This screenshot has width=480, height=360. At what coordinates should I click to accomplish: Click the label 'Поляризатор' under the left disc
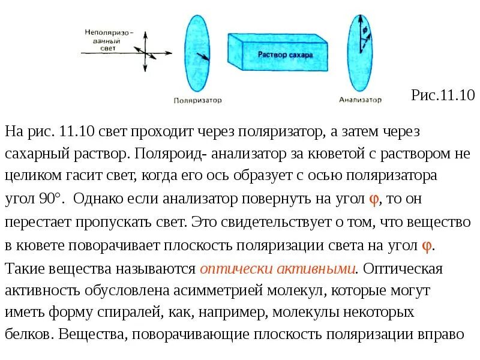197,100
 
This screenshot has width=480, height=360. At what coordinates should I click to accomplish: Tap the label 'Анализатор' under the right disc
360,100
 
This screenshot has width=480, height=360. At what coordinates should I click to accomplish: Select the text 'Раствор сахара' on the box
285,55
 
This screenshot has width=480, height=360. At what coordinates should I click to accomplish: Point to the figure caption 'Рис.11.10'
443,95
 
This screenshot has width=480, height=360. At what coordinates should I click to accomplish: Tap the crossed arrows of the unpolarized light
145,53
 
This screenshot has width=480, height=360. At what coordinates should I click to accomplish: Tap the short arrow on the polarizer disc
203,57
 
